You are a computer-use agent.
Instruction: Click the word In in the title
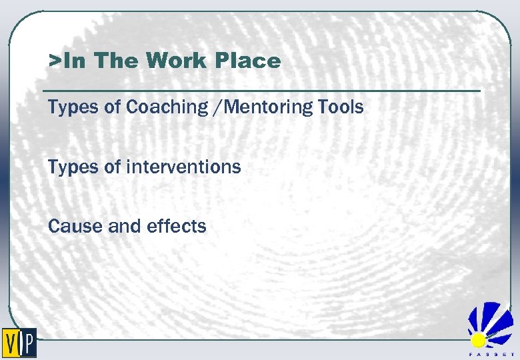77,61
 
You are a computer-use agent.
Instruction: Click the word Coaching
160,107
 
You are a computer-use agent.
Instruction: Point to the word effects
177,226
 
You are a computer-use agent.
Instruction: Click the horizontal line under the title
261,90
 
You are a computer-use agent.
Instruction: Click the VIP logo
19,343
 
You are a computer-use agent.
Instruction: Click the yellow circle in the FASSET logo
479,340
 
